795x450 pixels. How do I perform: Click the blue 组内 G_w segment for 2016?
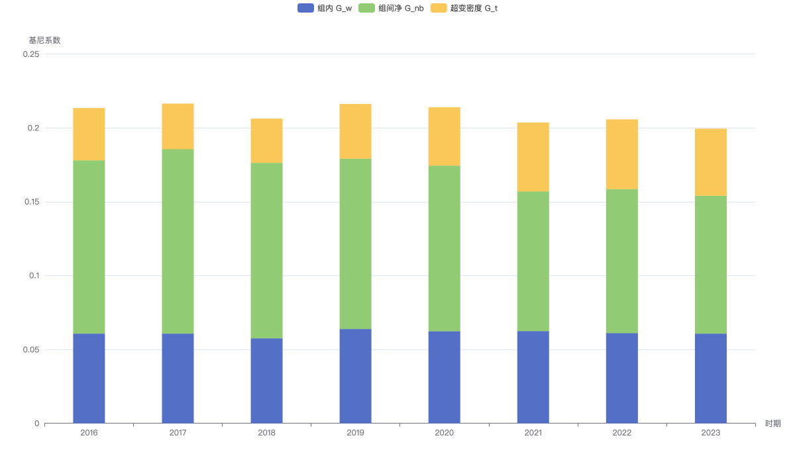pos(89,379)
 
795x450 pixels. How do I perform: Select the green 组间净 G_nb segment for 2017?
pos(178,242)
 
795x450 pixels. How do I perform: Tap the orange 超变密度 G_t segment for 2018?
pos(266,141)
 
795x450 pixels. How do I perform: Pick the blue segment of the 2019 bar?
pos(355,377)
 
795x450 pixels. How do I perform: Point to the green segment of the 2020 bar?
pos(445,249)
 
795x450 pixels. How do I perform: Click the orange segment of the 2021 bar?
pos(533,157)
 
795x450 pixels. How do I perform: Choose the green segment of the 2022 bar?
pos(622,261)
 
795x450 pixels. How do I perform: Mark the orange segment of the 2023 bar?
pos(710,162)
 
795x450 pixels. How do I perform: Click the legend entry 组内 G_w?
pos(325,8)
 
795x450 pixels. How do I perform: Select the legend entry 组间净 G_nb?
pos(391,8)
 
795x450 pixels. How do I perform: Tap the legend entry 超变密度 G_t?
pos(464,8)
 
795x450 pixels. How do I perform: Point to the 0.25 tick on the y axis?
pos(31,54)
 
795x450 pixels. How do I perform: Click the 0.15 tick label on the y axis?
pos(32,202)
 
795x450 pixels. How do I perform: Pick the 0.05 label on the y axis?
pos(31,349)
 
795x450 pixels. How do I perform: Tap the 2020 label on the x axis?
pos(445,433)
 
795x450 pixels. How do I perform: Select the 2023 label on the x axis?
pos(710,433)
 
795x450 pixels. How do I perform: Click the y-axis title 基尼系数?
pos(45,40)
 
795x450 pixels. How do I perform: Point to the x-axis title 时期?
pos(773,424)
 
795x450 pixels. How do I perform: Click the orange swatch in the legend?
pos(439,8)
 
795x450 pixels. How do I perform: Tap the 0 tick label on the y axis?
pos(37,424)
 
